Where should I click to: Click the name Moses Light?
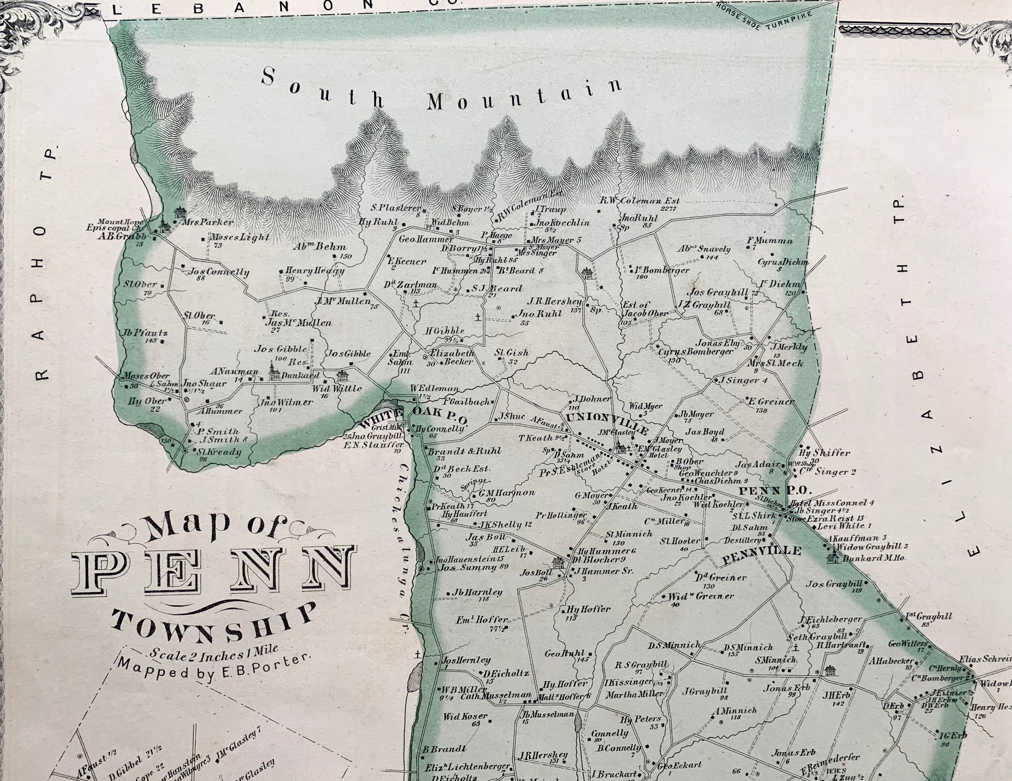click(240, 237)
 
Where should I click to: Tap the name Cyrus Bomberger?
click(696, 351)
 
